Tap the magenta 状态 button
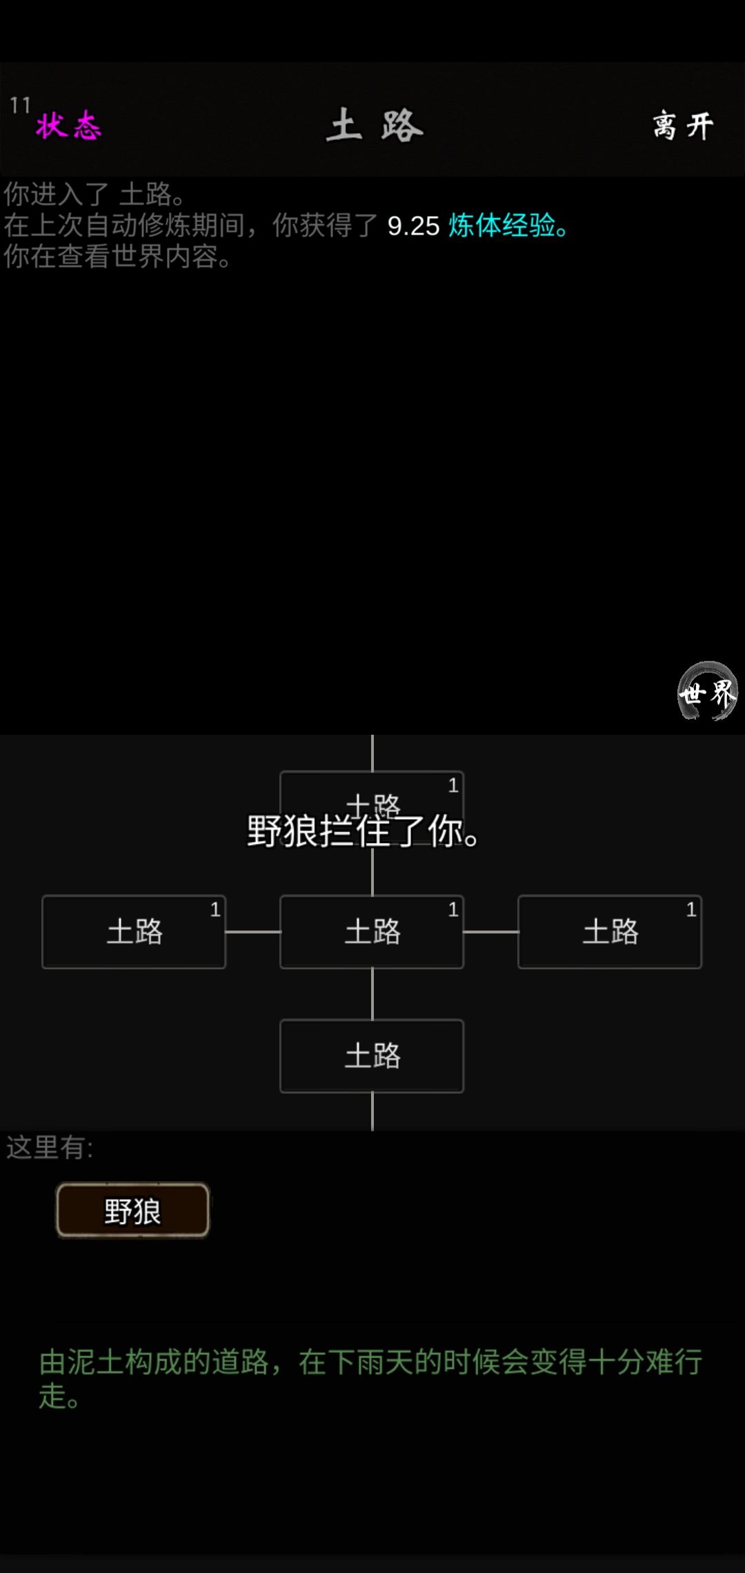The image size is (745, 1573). point(68,126)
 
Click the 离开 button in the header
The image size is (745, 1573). point(683,126)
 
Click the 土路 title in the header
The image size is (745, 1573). point(375,126)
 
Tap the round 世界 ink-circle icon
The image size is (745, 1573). point(707,691)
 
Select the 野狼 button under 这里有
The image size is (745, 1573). point(132,1210)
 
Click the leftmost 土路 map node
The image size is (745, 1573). point(134,931)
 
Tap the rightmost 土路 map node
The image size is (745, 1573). point(610,931)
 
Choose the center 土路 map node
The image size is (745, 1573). point(372,931)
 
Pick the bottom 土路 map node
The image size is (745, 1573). point(372,1056)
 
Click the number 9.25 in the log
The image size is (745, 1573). point(413,226)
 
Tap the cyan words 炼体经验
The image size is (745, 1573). point(501,226)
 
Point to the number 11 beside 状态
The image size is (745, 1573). point(20,105)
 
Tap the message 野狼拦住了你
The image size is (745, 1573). point(363,831)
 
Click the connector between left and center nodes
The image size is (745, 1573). point(253,931)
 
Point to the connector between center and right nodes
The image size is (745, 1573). point(491,931)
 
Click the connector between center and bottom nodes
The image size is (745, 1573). point(372,994)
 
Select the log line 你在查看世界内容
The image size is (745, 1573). point(117,257)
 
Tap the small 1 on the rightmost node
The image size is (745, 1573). point(691,909)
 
